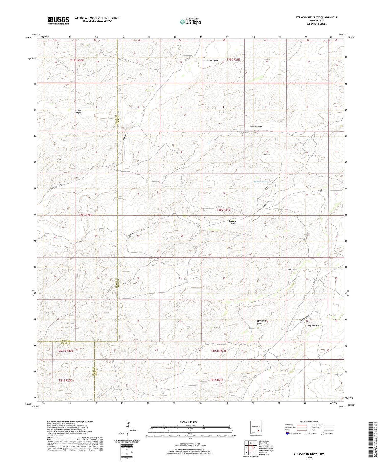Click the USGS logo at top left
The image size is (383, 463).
click(58, 20)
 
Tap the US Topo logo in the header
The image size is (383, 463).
click(190, 22)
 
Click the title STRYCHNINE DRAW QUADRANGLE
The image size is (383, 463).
click(317, 17)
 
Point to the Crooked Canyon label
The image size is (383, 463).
click(210, 61)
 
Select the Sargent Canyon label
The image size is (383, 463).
click(78, 111)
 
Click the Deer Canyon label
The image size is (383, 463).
click(256, 126)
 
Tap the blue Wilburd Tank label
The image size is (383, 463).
click(260, 182)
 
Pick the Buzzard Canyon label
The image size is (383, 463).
click(232, 222)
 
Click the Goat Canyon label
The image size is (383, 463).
click(292, 269)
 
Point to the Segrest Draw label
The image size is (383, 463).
click(314, 326)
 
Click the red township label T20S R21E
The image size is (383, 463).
click(223, 210)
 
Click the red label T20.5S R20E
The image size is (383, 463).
click(65, 351)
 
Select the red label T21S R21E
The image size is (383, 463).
click(217, 380)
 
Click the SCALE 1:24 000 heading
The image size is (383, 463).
click(188, 422)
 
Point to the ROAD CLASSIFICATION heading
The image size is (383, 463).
click(309, 421)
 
